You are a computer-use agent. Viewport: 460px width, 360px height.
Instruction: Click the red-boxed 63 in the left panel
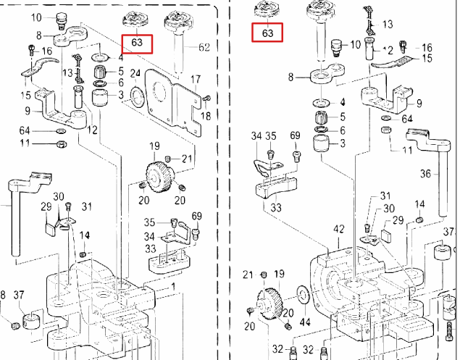[x=138, y=43]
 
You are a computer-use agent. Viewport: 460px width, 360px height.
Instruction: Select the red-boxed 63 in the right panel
[x=267, y=33]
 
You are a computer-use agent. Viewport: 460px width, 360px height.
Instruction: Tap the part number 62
[x=204, y=48]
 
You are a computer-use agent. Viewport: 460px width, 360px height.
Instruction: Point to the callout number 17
[x=196, y=79]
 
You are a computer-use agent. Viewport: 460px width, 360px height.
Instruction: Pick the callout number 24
[x=135, y=73]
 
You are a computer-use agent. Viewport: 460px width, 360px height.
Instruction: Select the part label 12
[x=92, y=130]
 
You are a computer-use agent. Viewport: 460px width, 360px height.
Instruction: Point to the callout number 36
[x=425, y=174]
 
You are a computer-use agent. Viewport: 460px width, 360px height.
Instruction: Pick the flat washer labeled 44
[x=302, y=294]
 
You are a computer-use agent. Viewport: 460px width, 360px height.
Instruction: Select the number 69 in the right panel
[x=295, y=135]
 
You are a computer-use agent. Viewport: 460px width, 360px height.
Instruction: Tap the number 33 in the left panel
[x=151, y=249]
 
